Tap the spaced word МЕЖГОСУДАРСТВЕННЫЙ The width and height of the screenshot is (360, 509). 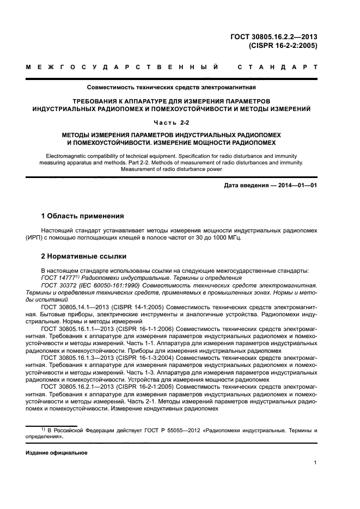tap(123, 68)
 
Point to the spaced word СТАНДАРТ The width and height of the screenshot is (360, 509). tap(278, 68)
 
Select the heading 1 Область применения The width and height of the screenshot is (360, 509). tap(83, 216)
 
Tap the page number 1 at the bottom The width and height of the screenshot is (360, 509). tap(315, 463)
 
